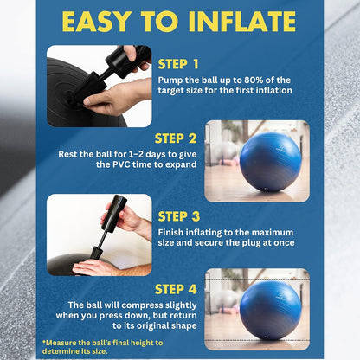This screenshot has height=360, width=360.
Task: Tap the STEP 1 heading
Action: point(179,64)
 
